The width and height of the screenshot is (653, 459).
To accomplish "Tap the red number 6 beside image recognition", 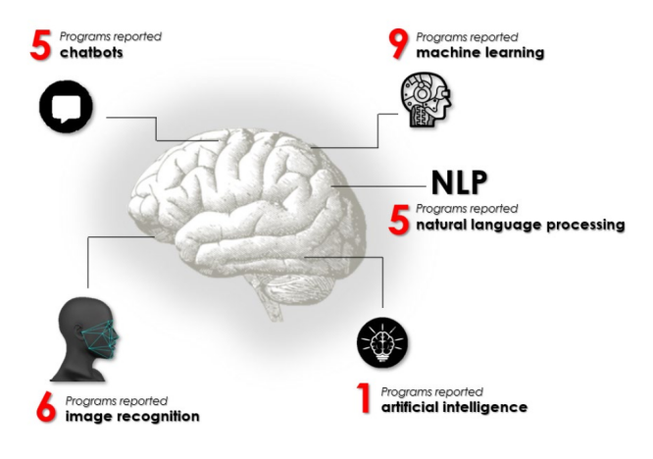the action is (x=45, y=408).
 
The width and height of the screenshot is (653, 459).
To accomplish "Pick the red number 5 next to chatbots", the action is (x=39, y=44).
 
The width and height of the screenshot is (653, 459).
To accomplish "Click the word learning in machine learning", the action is (x=507, y=53).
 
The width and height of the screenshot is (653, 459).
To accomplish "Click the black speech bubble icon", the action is (x=66, y=105).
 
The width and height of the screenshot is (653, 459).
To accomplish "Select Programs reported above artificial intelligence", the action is (x=431, y=391).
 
